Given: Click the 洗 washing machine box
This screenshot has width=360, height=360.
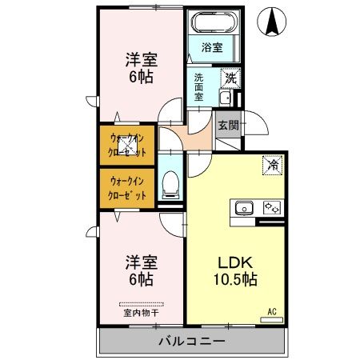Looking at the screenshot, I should (230, 78).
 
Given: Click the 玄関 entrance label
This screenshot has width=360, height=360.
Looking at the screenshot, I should (227, 125).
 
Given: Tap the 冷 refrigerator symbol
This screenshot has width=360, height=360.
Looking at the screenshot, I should (273, 166).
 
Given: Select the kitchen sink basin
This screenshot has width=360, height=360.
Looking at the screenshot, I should (243, 209).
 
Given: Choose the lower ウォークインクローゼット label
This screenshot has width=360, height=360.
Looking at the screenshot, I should (128, 187).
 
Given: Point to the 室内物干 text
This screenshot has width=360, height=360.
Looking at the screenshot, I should (141, 314).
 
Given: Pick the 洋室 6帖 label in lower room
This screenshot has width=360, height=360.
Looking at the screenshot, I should (140, 270).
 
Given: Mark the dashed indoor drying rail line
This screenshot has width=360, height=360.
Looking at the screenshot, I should (141, 304).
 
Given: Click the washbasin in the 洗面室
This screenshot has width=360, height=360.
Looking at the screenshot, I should (225, 98).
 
